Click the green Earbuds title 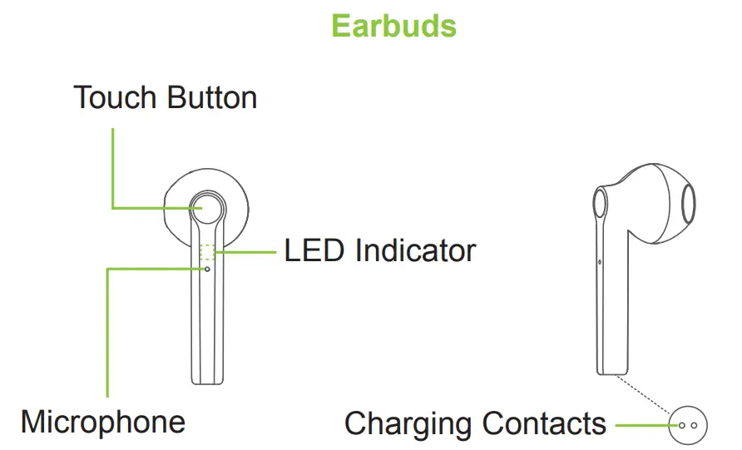393,26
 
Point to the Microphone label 103,422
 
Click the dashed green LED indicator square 208,253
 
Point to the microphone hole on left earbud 207,269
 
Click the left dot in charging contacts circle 682,425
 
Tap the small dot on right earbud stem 600,262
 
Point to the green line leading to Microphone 108,333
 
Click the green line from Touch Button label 112,166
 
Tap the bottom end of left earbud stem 207,381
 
